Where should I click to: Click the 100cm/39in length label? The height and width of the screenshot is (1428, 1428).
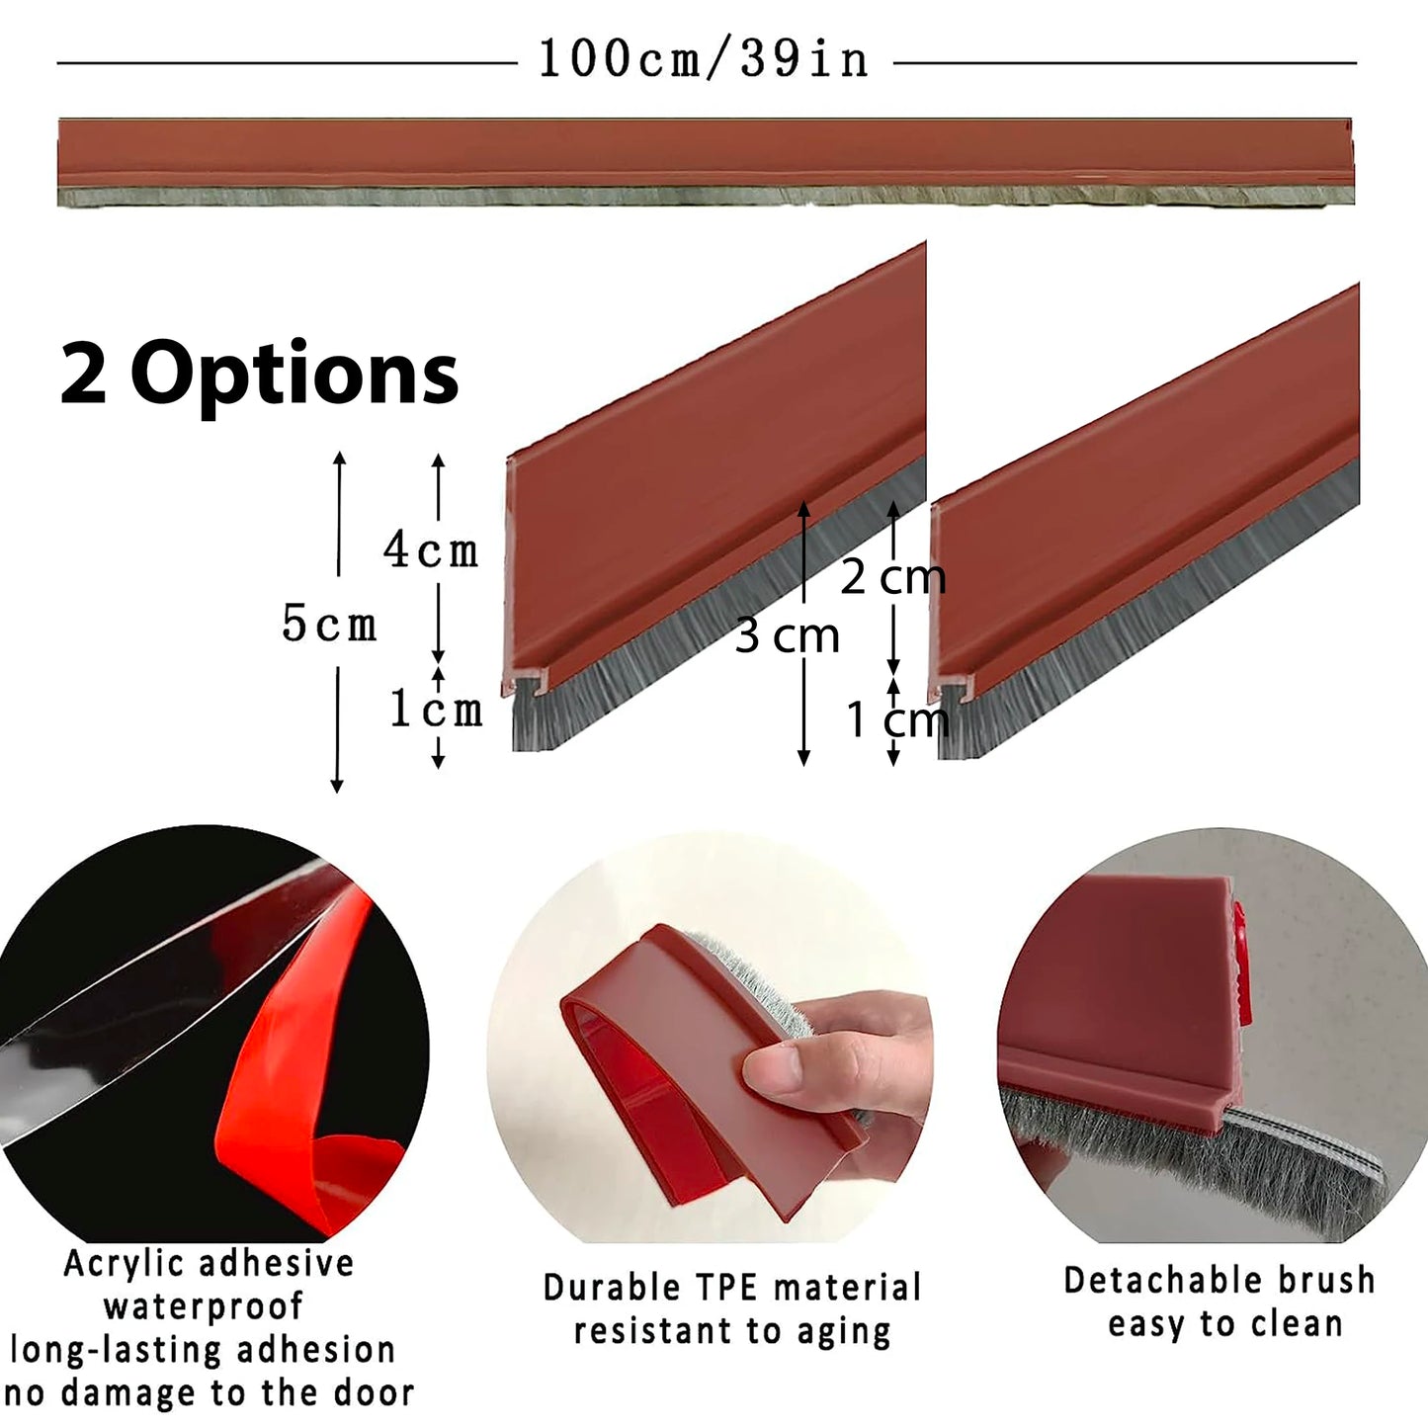tap(704, 59)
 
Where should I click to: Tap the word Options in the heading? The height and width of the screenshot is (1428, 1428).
tap(294, 375)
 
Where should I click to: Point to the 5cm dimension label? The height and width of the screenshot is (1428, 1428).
tap(329, 625)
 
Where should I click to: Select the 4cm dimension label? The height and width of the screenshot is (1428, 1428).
tap(431, 550)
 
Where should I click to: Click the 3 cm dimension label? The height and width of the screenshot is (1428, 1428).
tap(787, 635)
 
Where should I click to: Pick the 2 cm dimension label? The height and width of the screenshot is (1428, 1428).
tap(892, 577)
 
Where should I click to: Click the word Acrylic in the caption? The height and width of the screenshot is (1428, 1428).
tap(124, 1264)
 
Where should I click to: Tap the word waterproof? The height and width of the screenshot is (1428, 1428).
tap(204, 1306)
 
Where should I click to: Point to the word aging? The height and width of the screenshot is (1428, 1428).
tap(844, 1332)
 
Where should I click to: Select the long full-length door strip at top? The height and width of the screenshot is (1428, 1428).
tap(706, 160)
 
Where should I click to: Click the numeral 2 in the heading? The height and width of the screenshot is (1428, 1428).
tap(83, 375)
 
